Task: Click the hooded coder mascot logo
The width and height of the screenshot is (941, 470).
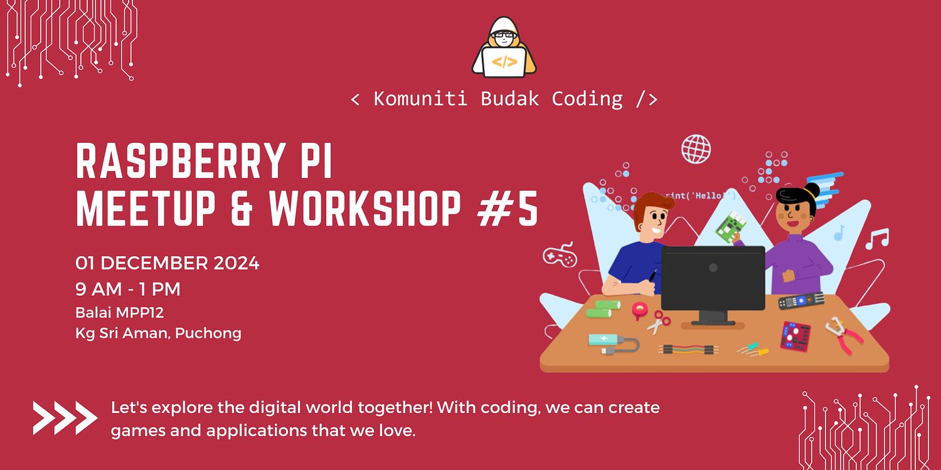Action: pyautogui.click(x=504, y=48)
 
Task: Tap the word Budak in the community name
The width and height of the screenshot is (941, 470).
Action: pyautogui.click(x=509, y=99)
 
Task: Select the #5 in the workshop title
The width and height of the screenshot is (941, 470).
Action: pyautogui.click(x=508, y=209)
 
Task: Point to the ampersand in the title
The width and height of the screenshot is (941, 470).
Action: pyautogui.click(x=242, y=209)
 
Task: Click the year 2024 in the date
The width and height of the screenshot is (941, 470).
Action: pyautogui.click(x=237, y=263)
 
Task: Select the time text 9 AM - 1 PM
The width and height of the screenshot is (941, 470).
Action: pyautogui.click(x=128, y=289)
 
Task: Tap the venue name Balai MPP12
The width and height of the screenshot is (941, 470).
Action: pyautogui.click(x=119, y=313)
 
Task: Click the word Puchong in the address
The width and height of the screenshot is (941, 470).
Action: pyautogui.click(x=208, y=333)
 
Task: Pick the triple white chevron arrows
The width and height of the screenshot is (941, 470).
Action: pyautogui.click(x=65, y=418)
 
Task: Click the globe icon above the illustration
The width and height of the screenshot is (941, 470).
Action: pyautogui.click(x=696, y=149)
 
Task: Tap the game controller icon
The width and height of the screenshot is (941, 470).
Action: pyautogui.click(x=560, y=255)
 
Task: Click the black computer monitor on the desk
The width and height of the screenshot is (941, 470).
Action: pyautogui.click(x=713, y=283)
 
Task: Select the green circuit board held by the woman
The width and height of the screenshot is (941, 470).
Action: pyautogui.click(x=731, y=227)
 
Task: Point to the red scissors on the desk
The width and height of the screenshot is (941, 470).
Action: pyautogui.click(x=658, y=322)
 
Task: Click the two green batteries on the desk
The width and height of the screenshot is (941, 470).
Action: pyautogui.click(x=603, y=309)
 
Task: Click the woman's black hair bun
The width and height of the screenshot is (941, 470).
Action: pyautogui.click(x=812, y=190)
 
